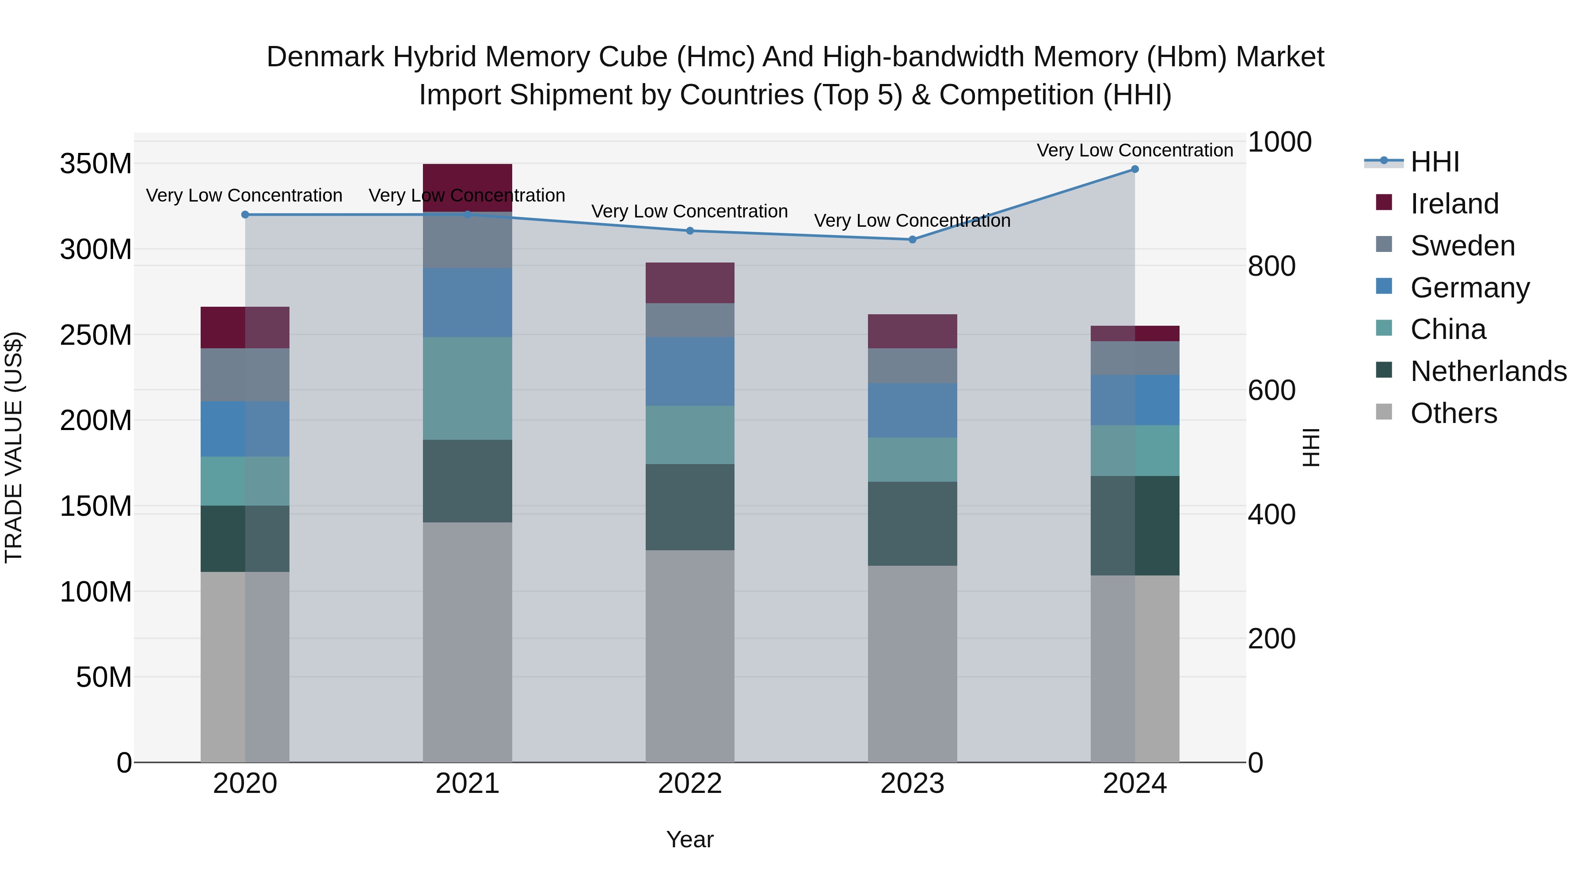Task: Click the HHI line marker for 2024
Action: click(x=1134, y=169)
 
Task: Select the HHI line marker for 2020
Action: click(x=245, y=215)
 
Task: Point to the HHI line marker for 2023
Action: click(x=912, y=240)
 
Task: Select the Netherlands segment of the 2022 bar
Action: click(x=690, y=507)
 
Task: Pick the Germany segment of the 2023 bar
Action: click(x=912, y=410)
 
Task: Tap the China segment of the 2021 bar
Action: click(x=468, y=388)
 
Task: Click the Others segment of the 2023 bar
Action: click(x=912, y=664)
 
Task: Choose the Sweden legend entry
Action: click(x=1462, y=246)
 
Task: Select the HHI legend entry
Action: click(x=1435, y=162)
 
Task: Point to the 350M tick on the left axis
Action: click(x=96, y=164)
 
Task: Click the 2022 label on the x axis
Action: click(x=690, y=784)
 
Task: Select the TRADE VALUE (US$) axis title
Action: click(x=14, y=447)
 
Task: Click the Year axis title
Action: click(x=690, y=839)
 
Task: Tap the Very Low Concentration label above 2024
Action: click(x=1134, y=150)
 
